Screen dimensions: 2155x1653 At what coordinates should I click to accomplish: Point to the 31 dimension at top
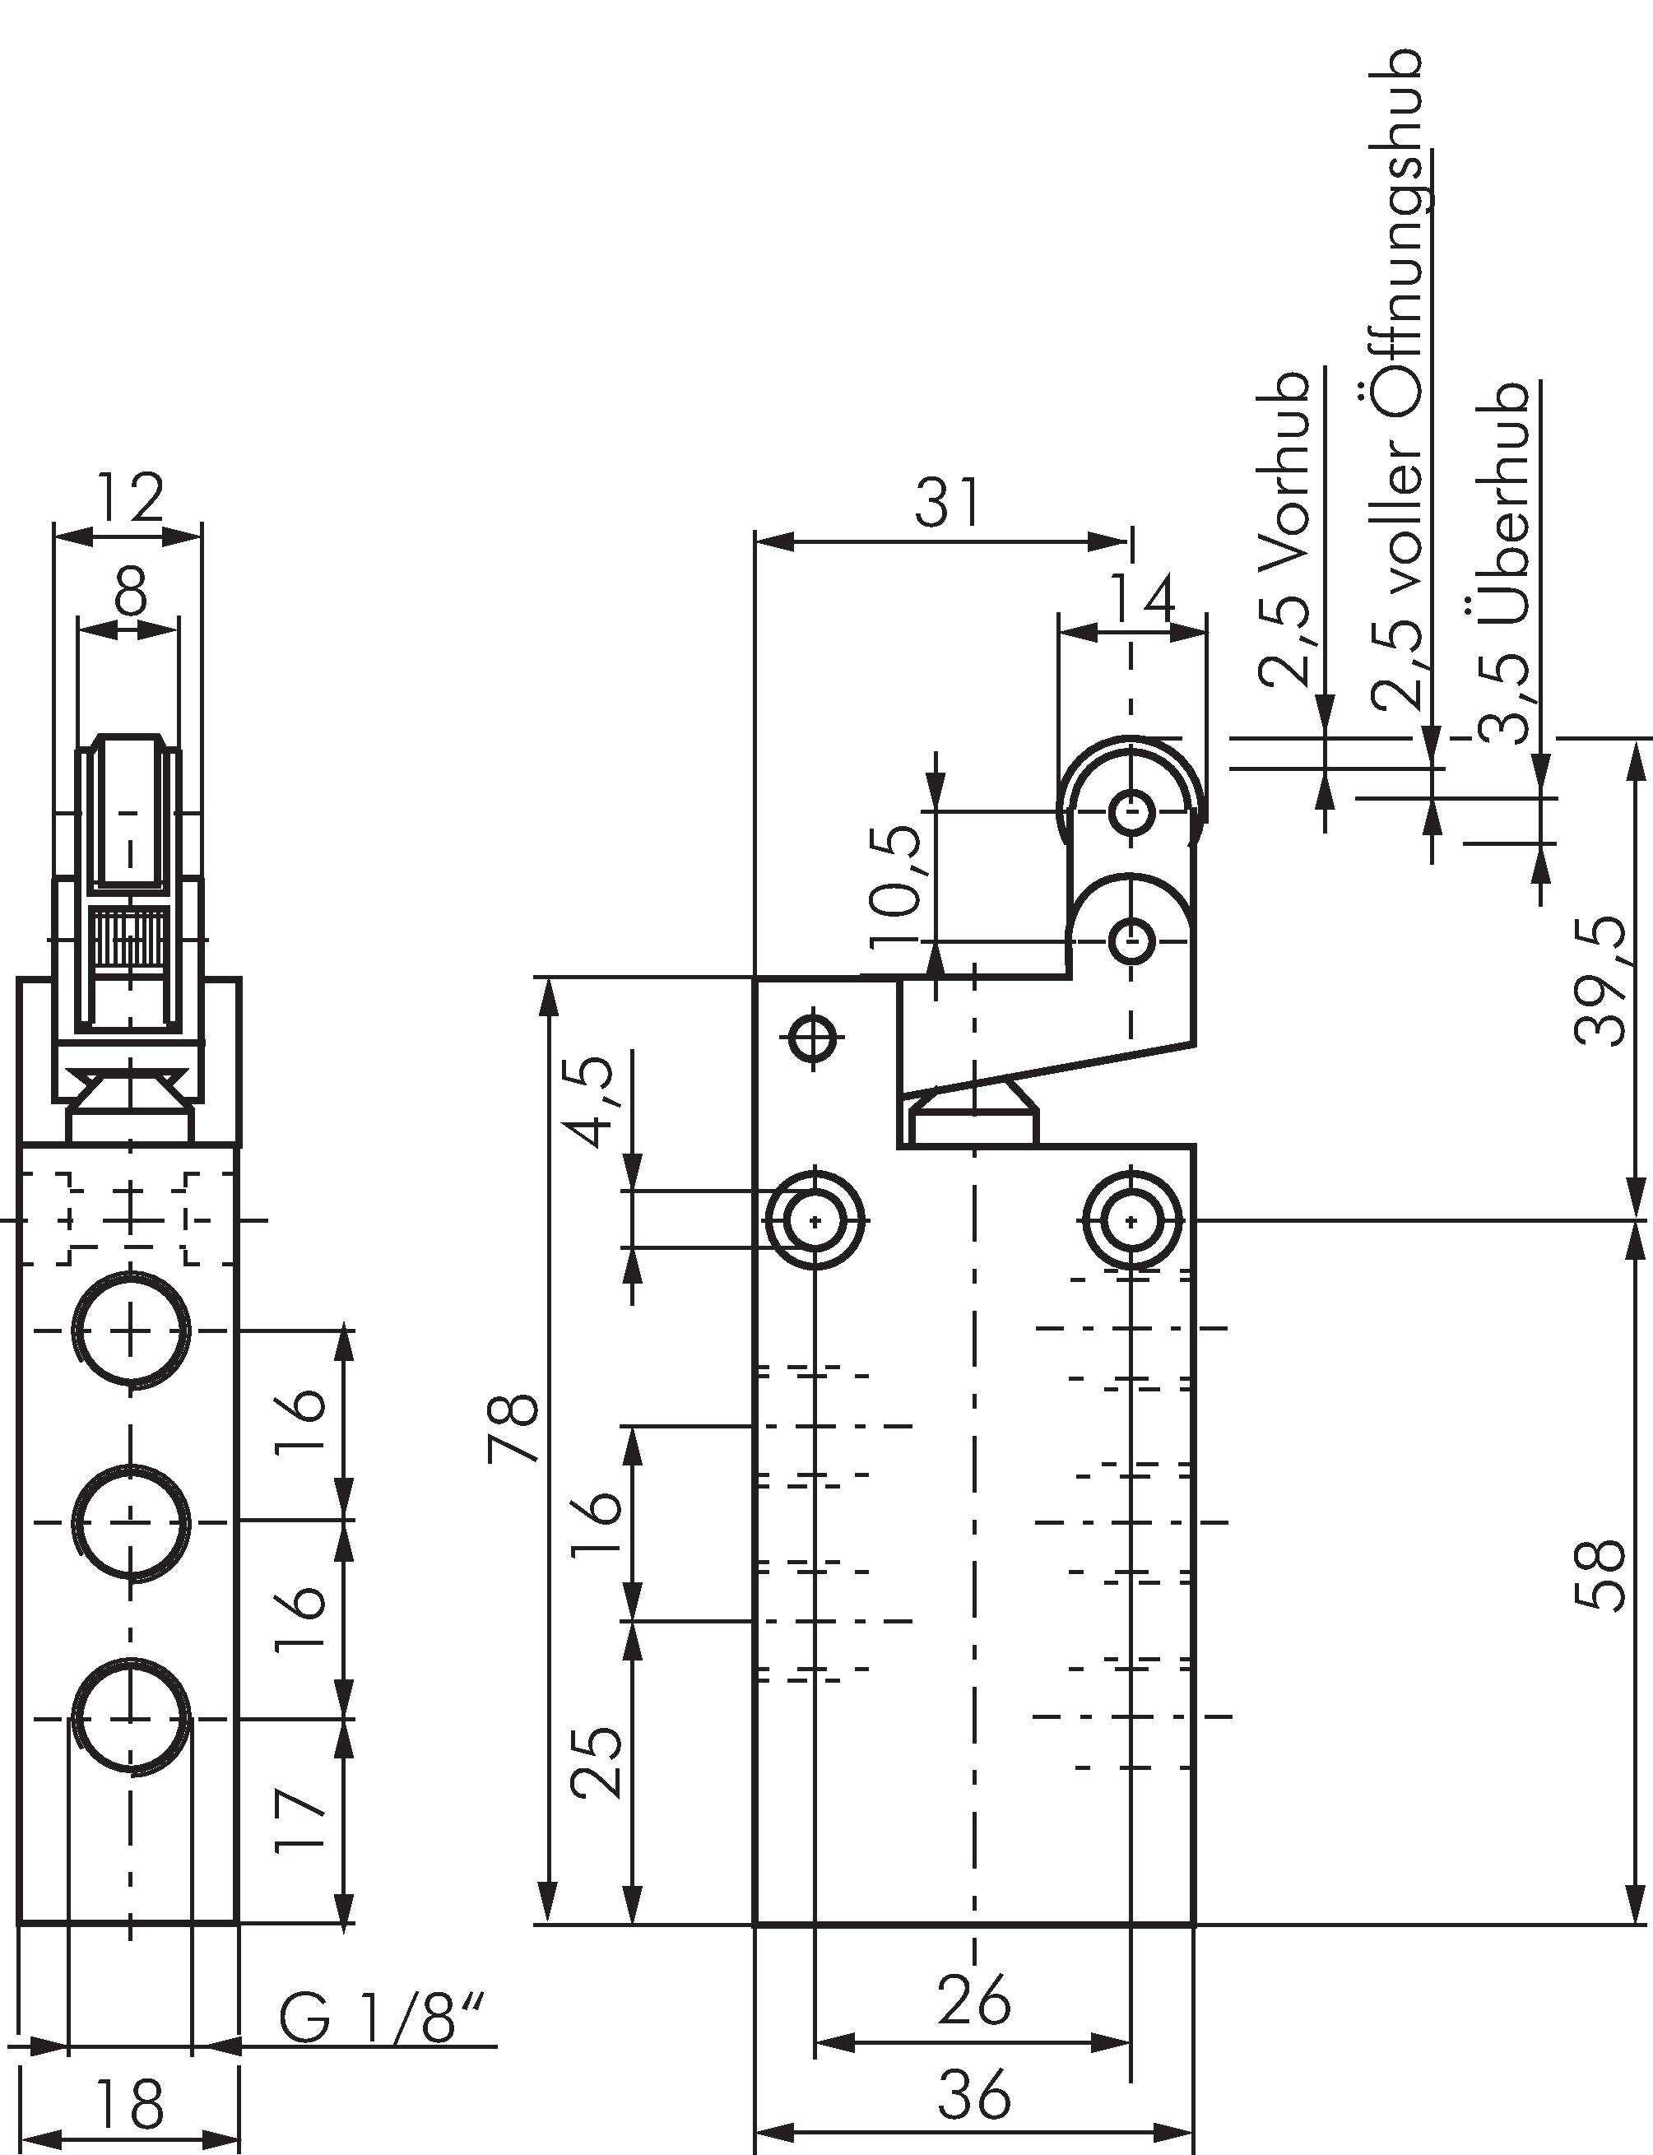948,503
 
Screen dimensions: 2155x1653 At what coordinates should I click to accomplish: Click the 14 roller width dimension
1141,599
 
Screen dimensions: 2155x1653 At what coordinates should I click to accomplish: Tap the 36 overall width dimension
973,2094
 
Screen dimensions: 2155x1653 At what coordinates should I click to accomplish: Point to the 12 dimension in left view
131,498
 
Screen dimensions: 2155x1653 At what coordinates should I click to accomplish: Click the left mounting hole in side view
815,1221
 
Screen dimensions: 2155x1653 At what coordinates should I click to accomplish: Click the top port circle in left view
131,1331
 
